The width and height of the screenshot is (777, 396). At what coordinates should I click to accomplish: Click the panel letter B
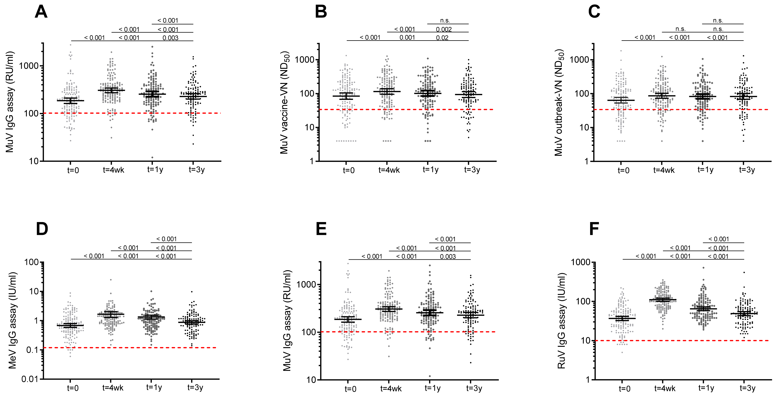[321, 12]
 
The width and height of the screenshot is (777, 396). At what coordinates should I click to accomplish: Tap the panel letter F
[594, 229]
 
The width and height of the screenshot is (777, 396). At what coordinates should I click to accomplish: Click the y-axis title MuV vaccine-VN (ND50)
[285, 103]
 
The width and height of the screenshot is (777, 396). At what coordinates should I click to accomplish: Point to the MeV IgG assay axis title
[12, 320]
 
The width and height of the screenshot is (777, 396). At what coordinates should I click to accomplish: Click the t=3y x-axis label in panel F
[747, 388]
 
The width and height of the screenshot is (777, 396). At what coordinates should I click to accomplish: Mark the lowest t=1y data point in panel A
[152, 157]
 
